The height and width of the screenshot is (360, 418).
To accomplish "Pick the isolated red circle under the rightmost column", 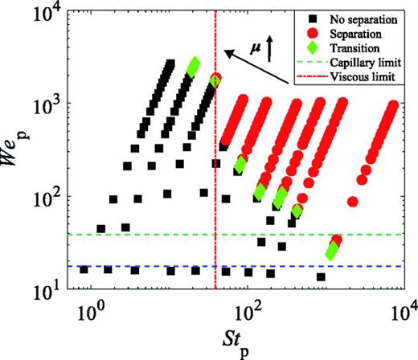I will [x=352, y=201].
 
